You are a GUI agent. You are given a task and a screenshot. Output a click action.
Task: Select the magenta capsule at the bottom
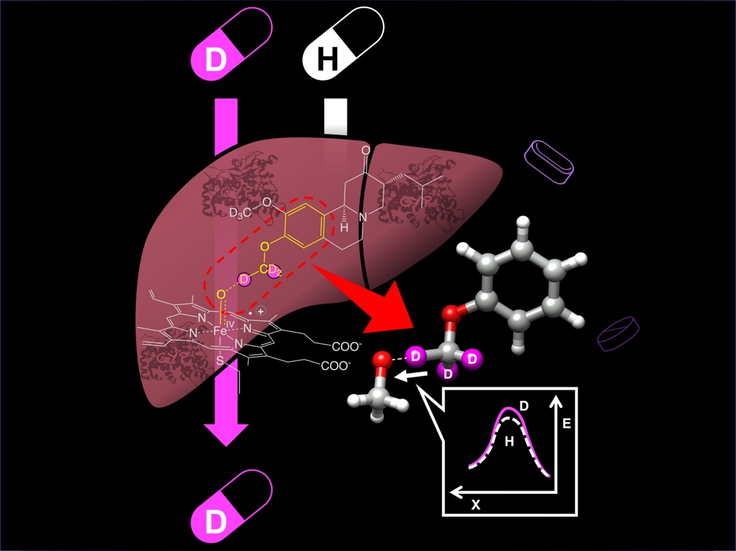[x=232, y=506]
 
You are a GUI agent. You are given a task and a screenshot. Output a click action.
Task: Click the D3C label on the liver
[x=240, y=213]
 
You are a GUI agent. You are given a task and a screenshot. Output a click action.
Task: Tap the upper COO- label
[x=346, y=346]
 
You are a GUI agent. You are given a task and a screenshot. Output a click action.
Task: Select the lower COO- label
[x=335, y=366]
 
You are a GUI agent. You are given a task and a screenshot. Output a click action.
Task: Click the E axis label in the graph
[x=567, y=424]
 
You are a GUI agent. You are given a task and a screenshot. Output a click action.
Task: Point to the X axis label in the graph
[x=476, y=505]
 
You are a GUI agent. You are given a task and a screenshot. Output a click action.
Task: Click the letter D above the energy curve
[x=524, y=405]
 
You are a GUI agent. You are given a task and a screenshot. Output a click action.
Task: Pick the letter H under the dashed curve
[x=509, y=441]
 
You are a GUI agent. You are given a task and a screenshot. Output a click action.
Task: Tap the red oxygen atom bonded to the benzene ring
[x=451, y=314]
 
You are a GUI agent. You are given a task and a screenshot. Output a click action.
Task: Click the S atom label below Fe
[x=219, y=360]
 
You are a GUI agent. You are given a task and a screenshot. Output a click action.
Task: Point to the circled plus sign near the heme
[x=260, y=311]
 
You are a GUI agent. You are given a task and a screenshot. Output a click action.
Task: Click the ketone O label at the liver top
[x=366, y=150]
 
